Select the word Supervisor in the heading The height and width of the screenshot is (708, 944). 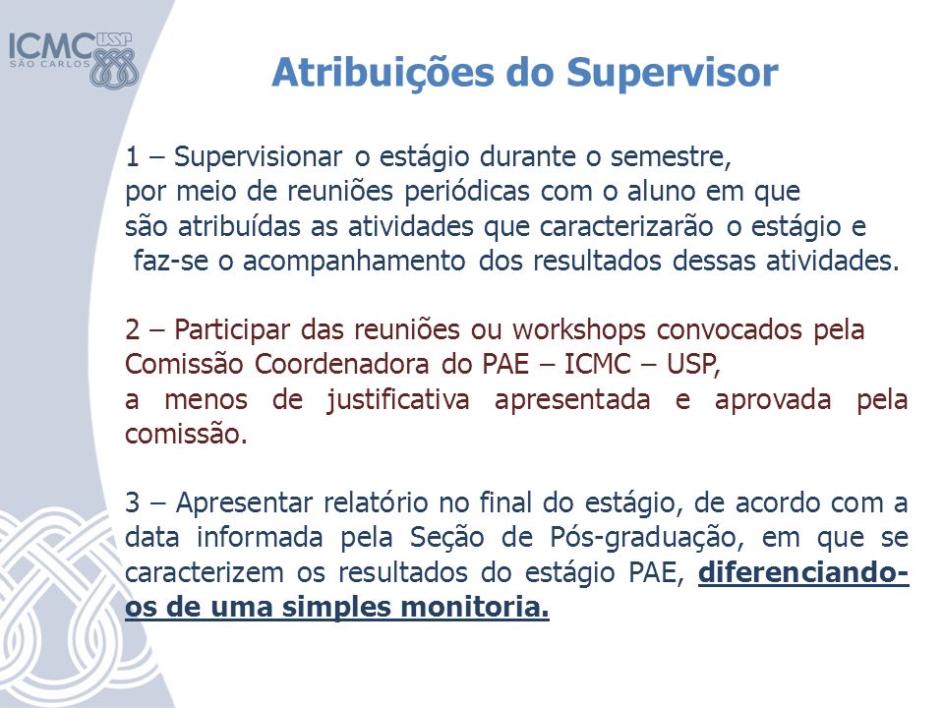pos(673,74)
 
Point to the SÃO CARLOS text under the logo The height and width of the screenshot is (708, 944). pos(49,64)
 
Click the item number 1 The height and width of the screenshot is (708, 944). pos(132,157)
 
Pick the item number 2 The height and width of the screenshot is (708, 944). pos(133,330)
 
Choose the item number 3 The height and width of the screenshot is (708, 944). pos(133,502)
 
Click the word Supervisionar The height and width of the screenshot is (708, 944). pos(259,158)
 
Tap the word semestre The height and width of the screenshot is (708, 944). pos(671,157)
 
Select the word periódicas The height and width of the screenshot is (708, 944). pos(466,193)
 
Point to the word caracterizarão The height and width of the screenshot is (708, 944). pos(626,227)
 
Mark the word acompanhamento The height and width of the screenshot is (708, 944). pos(354,263)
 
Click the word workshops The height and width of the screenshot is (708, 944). pos(579,330)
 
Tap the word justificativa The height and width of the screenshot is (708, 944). pos(398,400)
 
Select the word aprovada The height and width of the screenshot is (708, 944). pos(773,400)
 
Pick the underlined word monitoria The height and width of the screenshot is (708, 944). pos(475,607)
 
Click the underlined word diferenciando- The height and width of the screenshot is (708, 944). pos(803,572)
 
